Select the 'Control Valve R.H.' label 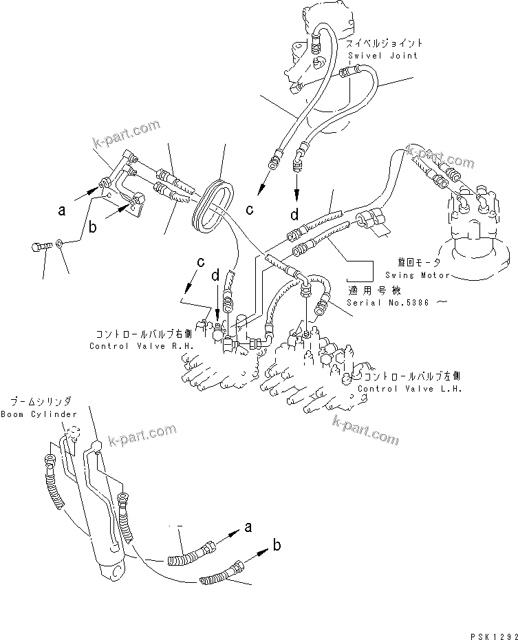[x=142, y=346]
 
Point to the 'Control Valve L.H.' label [x=409, y=389]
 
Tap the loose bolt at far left [x=41, y=245]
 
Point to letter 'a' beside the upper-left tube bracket [x=62, y=211]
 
